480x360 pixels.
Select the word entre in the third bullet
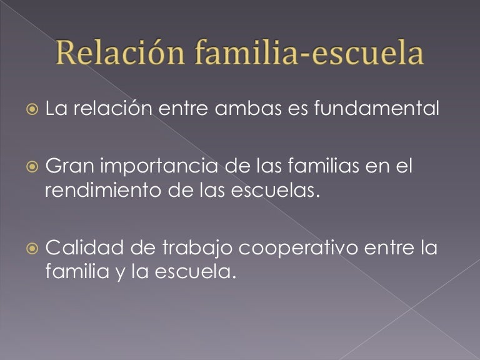(391, 249)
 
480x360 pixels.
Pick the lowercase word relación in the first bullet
(116, 109)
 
